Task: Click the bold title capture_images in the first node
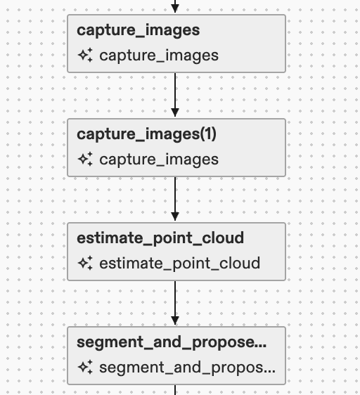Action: [139, 30]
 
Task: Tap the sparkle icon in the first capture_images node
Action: [85, 56]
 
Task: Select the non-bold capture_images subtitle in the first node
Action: [159, 56]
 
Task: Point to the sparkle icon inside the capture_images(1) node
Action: [85, 160]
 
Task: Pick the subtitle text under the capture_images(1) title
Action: [159, 160]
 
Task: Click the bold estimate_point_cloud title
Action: [160, 238]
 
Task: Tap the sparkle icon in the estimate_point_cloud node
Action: [85, 264]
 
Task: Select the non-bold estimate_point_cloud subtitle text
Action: [180, 264]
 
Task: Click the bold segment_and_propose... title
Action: [172, 342]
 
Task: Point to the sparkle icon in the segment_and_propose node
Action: [85, 368]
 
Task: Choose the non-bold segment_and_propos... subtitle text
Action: [187, 368]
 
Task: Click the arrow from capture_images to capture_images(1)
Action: [176, 95]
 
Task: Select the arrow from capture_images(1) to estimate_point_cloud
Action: [176, 199]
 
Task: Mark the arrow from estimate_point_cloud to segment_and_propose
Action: [176, 303]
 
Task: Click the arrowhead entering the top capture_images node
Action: [176, 9]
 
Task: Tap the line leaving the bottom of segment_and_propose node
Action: [176, 389]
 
